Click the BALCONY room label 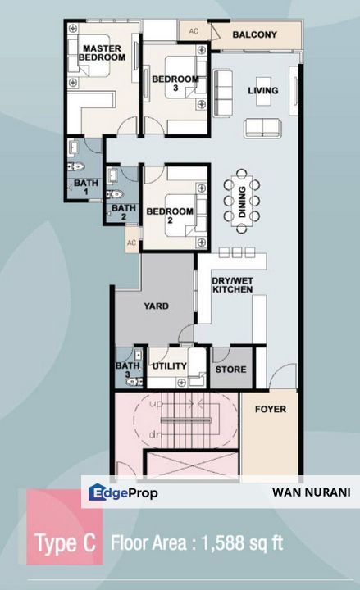(254, 34)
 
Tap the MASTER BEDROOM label (102, 52)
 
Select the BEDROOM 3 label (175, 83)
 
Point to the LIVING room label (263, 90)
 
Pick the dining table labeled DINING (242, 202)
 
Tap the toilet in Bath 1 (75, 166)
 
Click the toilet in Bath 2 (115, 194)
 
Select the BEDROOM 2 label (170, 216)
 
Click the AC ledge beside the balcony (194, 31)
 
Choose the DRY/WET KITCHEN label (232, 285)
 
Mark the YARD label (157, 306)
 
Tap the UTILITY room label (169, 366)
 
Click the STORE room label (230, 370)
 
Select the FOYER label (271, 409)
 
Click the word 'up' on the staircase (156, 405)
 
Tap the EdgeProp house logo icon (97, 492)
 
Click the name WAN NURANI (312, 492)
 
